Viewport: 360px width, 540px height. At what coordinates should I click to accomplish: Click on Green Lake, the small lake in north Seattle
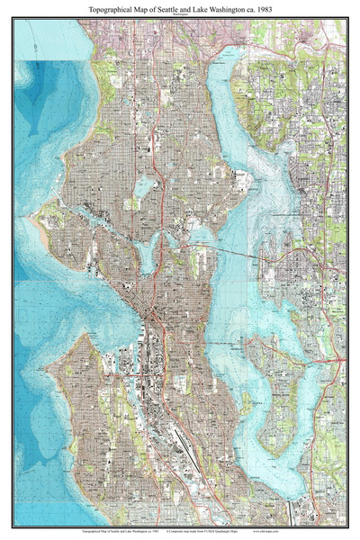click(x=144, y=186)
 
